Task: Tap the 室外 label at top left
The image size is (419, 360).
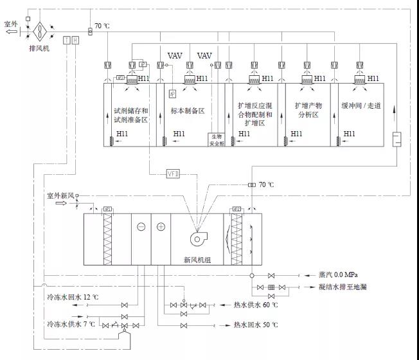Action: click(11, 24)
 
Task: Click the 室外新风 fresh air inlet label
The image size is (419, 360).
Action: click(60, 194)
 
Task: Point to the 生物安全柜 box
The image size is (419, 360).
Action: click(215, 139)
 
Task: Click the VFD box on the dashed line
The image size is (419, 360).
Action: click(174, 173)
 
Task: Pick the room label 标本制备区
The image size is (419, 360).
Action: click(187, 111)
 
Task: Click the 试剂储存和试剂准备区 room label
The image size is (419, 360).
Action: click(130, 114)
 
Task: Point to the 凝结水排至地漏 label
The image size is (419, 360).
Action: click(348, 287)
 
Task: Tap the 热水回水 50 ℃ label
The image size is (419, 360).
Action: click(256, 325)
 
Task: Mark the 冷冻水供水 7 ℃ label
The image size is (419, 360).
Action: click(69, 325)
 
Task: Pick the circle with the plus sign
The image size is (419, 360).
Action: click(161, 226)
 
